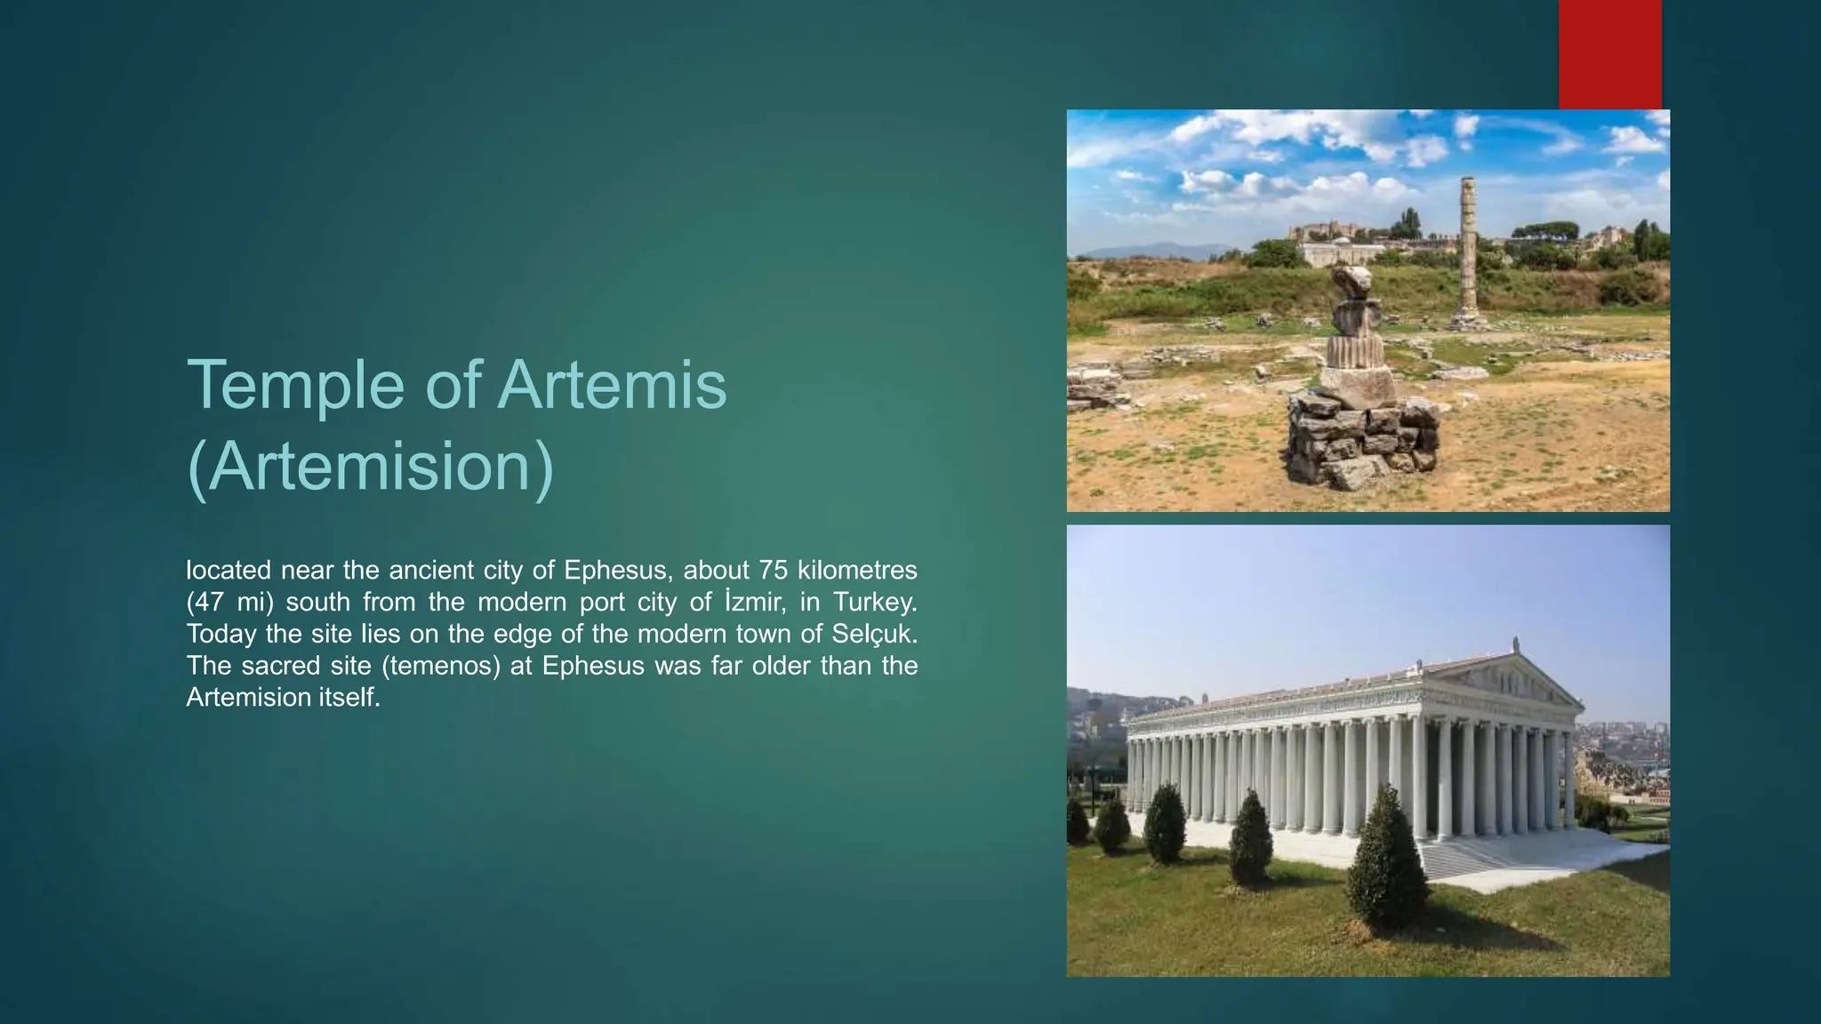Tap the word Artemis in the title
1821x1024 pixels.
[x=612, y=385]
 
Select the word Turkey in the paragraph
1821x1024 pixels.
[x=875, y=602]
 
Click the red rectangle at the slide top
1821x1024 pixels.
[x=1609, y=54]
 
